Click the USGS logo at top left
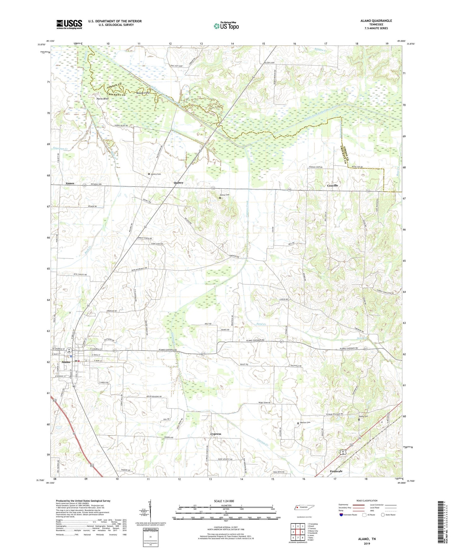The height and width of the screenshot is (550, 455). click(x=69, y=24)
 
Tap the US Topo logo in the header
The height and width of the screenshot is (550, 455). click(x=226, y=26)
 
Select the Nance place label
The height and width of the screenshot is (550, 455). click(x=70, y=183)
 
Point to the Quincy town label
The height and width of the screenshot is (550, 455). click(x=179, y=183)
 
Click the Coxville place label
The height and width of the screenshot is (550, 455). click(x=333, y=186)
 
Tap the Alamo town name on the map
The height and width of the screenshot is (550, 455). click(x=66, y=362)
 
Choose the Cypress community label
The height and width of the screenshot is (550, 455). click(x=216, y=434)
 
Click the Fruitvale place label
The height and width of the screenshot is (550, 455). click(x=336, y=471)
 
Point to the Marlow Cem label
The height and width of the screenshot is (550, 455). click(x=305, y=423)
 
